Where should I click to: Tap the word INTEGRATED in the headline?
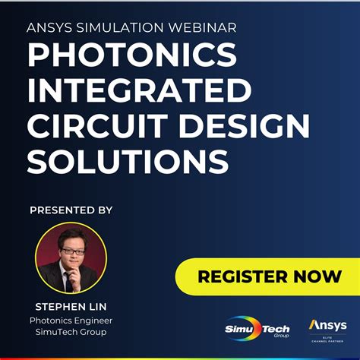pyautogui.click(x=138, y=90)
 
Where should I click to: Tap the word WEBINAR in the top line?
pyautogui.click(x=199, y=28)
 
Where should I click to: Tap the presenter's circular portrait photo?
pyautogui.click(x=71, y=257)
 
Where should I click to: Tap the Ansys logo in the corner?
pyautogui.click(x=327, y=325)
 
